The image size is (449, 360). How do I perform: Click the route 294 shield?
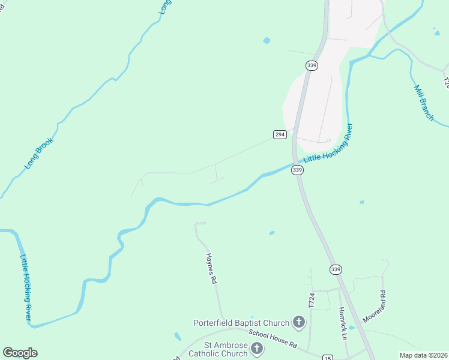tap(280, 134)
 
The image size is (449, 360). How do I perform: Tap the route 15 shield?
tap(328, 356)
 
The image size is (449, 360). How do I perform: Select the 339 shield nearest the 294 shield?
tap(297, 170)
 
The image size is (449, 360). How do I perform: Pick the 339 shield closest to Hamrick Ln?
tap(336, 269)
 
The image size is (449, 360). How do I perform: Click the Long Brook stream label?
tap(40, 153)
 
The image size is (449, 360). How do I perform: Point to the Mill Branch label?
tap(424, 103)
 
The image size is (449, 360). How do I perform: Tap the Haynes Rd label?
tap(211, 268)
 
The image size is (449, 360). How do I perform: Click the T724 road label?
tap(312, 301)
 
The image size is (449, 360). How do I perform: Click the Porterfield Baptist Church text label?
tap(241, 323)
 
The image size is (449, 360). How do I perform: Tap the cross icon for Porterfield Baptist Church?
tap(298, 323)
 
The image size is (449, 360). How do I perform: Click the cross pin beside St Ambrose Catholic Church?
tap(257, 349)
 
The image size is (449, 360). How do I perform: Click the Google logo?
tap(20, 353)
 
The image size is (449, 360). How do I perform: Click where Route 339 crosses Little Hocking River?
tap(295, 162)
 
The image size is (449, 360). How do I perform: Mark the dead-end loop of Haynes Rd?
tap(200, 223)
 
